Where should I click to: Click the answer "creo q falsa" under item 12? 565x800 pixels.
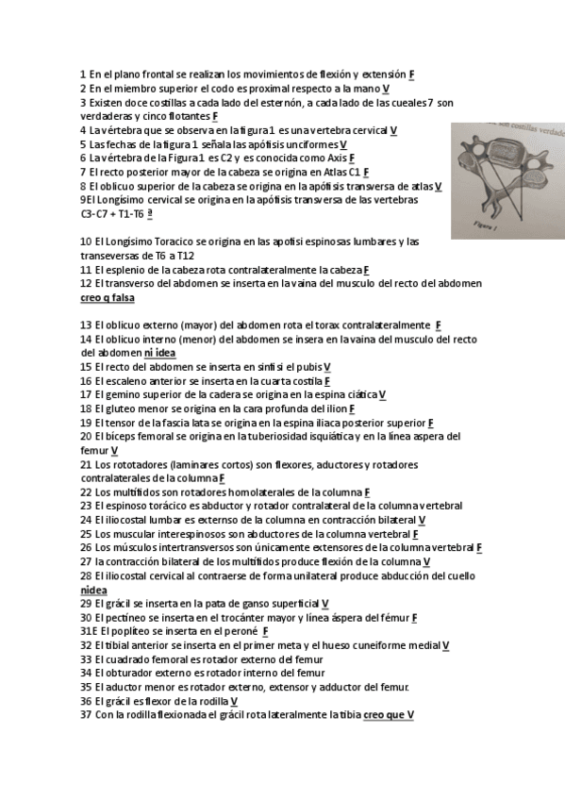tap(108, 297)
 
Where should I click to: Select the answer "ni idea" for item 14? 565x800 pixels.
tap(159, 353)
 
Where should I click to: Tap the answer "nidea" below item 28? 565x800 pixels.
tap(94, 590)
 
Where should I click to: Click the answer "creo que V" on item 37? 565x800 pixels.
tap(388, 715)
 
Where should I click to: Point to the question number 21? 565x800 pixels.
tap(85, 465)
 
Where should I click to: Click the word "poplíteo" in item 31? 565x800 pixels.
tap(131, 631)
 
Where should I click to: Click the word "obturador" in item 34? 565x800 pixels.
tap(132, 674)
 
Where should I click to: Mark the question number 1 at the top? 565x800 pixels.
tap(83, 74)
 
